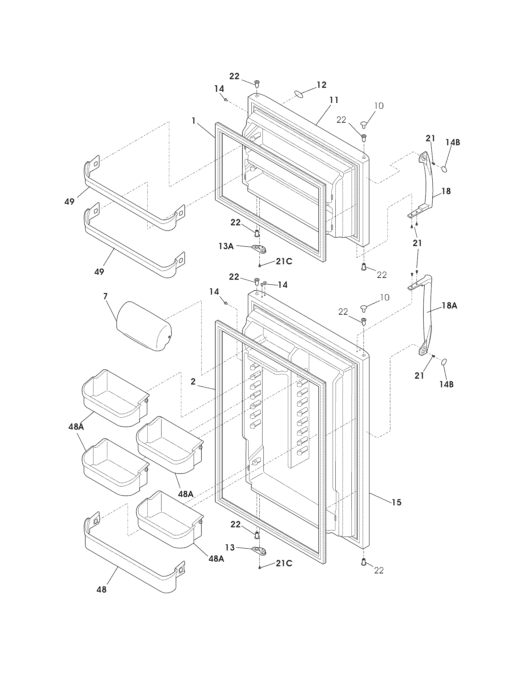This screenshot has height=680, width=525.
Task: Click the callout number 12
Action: [x=321, y=85]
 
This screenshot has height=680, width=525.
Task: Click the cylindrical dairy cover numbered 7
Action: [x=144, y=326]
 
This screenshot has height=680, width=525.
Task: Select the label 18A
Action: [x=449, y=306]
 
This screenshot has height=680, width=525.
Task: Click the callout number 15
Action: [x=397, y=502]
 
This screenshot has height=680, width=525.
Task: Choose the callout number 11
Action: [x=334, y=100]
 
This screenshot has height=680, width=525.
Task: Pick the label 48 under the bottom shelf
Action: [x=101, y=589]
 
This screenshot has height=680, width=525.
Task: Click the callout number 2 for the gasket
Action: [x=193, y=382]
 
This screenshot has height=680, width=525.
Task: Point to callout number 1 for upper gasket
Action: [x=193, y=121]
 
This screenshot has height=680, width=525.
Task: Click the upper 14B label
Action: [x=452, y=142]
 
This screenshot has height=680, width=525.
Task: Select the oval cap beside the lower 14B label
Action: [x=444, y=362]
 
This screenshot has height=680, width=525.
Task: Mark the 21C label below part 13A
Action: [x=283, y=261]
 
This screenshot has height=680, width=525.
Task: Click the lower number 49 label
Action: [x=99, y=272]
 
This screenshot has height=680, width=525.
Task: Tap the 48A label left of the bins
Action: [x=76, y=427]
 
